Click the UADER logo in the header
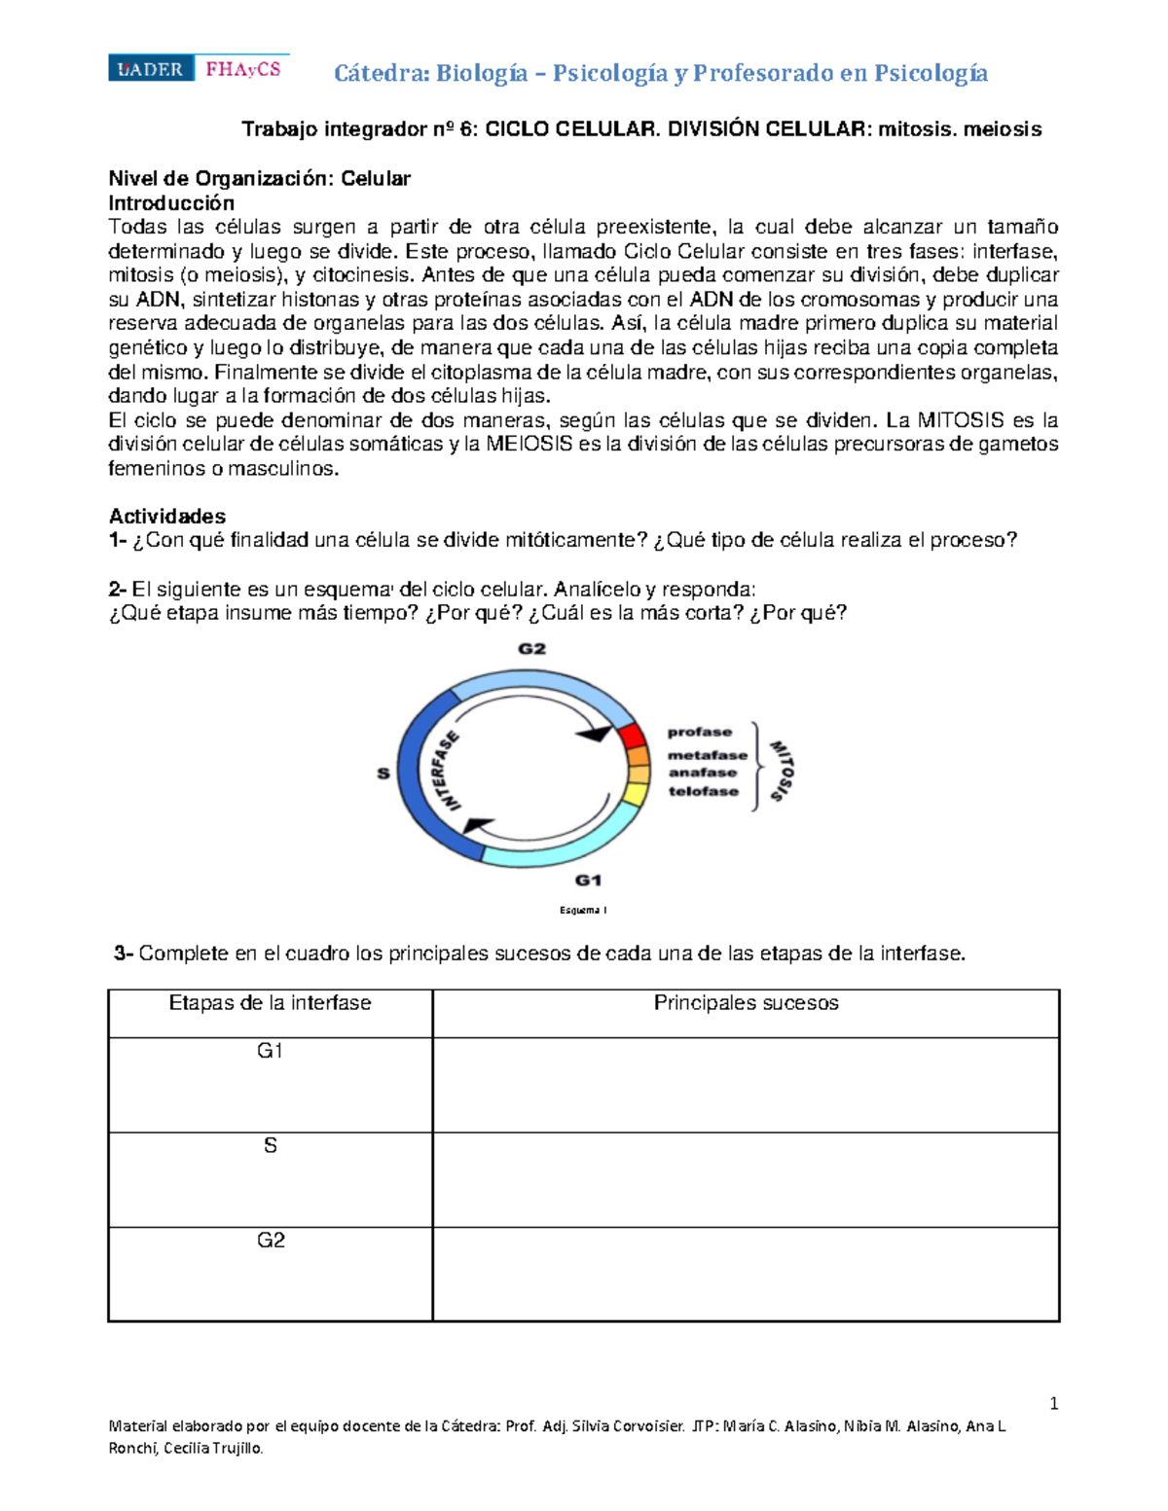pos(151,69)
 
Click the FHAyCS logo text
pos(242,69)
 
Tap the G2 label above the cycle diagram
pos(531,649)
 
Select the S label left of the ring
pos(383,773)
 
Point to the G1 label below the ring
pos(588,881)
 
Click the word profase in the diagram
pos(699,732)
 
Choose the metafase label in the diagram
pos(707,755)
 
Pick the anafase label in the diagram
pos(702,773)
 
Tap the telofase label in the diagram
pos(703,791)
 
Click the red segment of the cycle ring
pos(630,736)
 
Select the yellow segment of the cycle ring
pos(635,794)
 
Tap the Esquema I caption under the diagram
pos(583,911)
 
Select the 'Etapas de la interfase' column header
pos(270,1003)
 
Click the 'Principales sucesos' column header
pos(746,1003)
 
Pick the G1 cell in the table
pos(270,1051)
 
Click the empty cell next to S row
pos(746,1179)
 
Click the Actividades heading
pos(167,517)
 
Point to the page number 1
pos(1054,1403)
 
